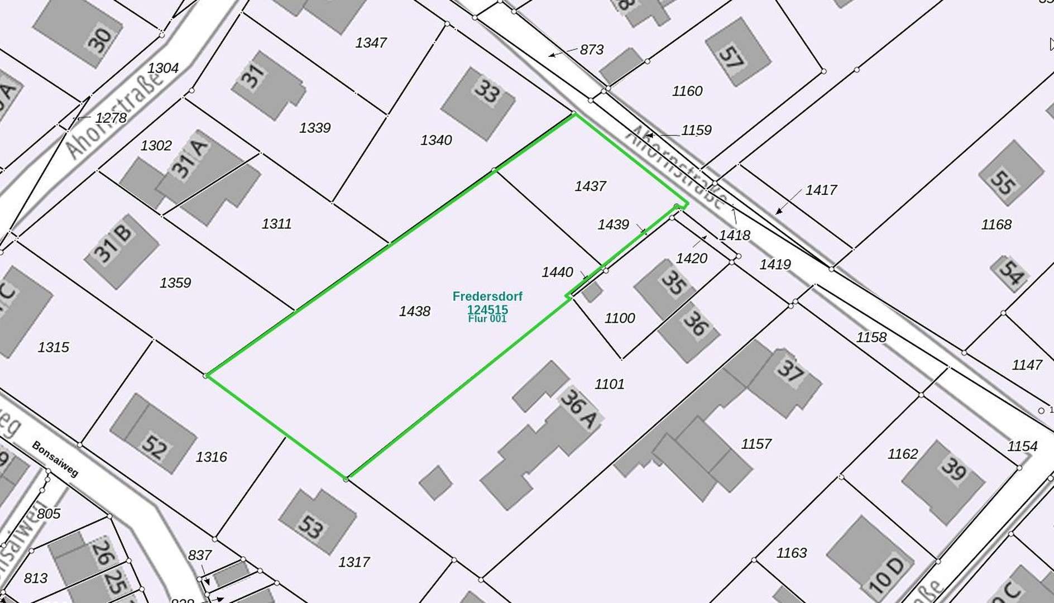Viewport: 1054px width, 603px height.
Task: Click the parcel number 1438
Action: click(x=414, y=312)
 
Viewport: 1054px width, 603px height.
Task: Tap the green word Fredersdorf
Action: click(x=487, y=296)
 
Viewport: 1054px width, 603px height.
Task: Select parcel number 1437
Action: click(x=590, y=186)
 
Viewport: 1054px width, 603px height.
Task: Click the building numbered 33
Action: click(x=479, y=104)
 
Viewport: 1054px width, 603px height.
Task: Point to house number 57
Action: click(x=737, y=51)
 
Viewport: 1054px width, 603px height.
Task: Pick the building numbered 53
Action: click(x=316, y=522)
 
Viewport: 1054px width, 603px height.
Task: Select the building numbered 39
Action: click(x=943, y=480)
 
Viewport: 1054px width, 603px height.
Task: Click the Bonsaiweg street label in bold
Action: click(x=55, y=459)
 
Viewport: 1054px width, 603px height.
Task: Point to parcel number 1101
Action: click(x=609, y=384)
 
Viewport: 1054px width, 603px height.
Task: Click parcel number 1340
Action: click(x=435, y=140)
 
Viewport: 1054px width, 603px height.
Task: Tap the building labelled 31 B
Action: click(x=121, y=251)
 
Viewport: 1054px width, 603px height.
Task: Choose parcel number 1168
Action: click(x=996, y=225)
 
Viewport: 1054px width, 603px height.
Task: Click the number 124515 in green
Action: click(x=487, y=309)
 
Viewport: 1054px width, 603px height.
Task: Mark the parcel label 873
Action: click(x=591, y=50)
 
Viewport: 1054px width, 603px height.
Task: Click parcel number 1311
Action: click(x=276, y=224)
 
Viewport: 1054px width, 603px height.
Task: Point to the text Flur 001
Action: click(x=487, y=319)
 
